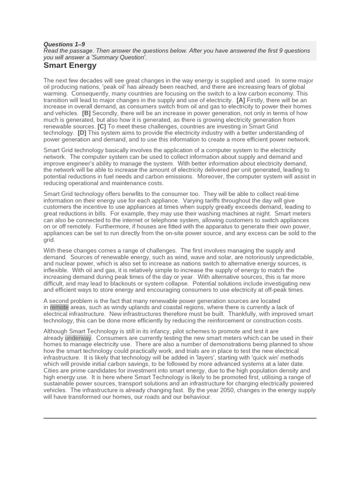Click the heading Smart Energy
[x=70, y=65]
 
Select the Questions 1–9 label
[x=64, y=45]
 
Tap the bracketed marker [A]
[x=240, y=100]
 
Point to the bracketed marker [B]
[x=86, y=113]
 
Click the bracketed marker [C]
[x=101, y=127]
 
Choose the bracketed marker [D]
[x=82, y=133]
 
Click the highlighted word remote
[x=59, y=307]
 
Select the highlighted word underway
[x=78, y=338]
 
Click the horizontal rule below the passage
[x=180, y=418]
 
